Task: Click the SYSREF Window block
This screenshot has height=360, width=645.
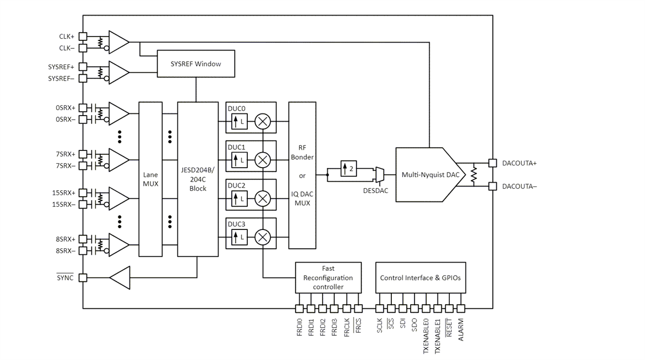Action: point(196,64)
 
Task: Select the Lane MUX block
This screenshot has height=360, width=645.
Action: point(150,178)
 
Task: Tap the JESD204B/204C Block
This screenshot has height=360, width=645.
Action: point(198,178)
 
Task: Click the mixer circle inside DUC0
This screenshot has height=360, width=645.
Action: point(263,121)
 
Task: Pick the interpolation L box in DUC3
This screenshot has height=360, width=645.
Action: point(239,237)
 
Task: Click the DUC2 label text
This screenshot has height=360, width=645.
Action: point(236,185)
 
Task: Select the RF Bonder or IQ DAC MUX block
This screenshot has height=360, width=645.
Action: point(302,175)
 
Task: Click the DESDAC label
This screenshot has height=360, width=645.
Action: point(376,191)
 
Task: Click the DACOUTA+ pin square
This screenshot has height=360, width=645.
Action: point(492,163)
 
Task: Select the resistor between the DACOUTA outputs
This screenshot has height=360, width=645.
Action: point(474,175)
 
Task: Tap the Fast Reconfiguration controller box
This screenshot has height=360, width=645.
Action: point(328,277)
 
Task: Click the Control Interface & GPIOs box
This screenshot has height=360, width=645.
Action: point(420,277)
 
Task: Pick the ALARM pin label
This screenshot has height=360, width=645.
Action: point(461,329)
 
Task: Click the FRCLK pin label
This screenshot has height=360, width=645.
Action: point(347,328)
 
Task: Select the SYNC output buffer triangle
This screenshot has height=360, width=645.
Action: point(121,277)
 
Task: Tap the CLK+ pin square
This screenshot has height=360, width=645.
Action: point(83,37)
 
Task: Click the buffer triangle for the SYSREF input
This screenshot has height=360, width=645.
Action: point(118,72)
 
